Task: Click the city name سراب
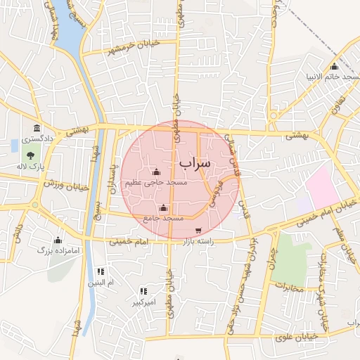[195, 163]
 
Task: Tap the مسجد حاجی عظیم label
[156, 182]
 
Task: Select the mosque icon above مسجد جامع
[164, 207]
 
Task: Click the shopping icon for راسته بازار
[198, 230]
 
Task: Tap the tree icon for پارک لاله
[30, 152]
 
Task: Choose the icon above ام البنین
[101, 271]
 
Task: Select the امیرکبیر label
[143, 303]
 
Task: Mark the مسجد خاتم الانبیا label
[333, 75]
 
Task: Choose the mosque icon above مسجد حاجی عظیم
[156, 172]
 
